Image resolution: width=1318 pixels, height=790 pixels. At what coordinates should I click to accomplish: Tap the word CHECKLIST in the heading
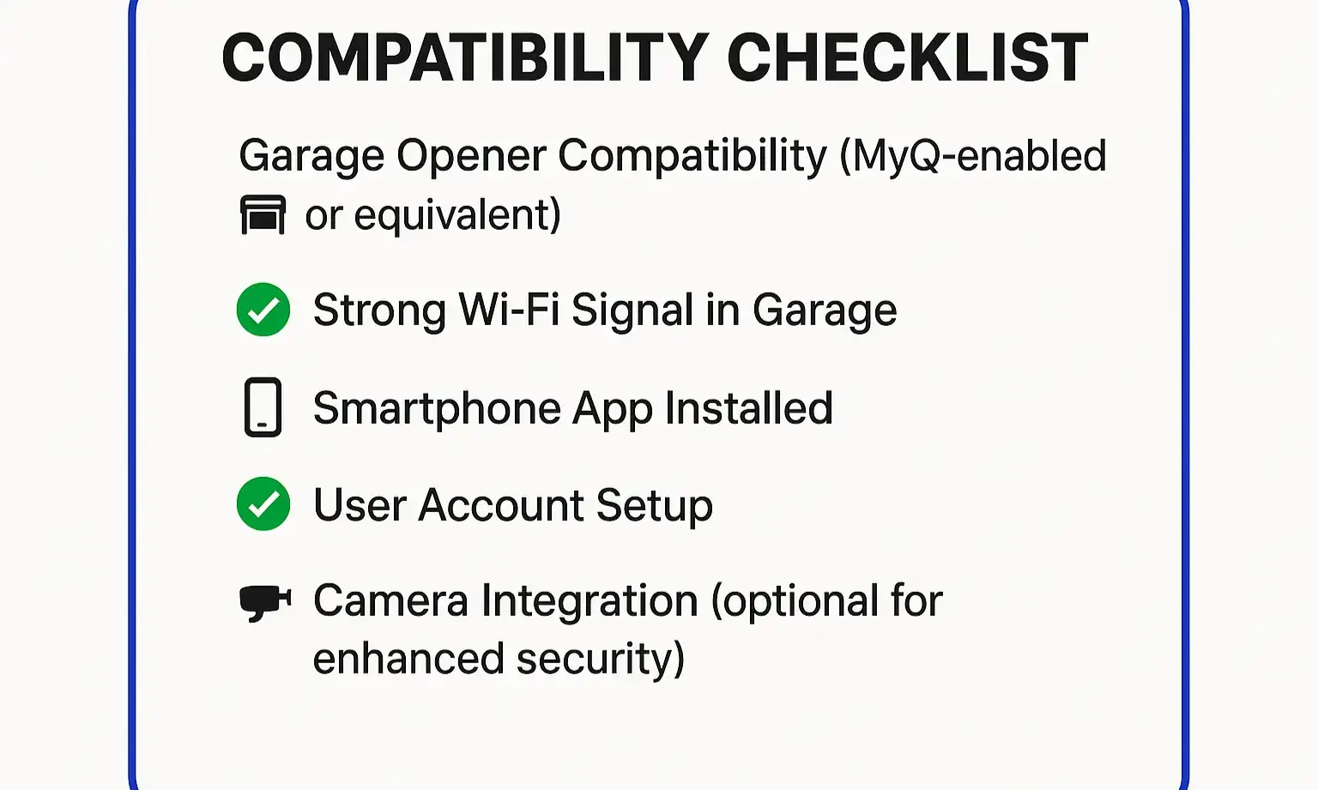point(907,58)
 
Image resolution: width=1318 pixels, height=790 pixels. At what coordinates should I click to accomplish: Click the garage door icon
point(263,214)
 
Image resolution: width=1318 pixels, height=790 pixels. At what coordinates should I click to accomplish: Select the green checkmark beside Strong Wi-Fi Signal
point(263,310)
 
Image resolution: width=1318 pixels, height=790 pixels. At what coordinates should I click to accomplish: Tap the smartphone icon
point(263,407)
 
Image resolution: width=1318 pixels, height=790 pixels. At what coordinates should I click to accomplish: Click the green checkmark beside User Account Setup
point(263,504)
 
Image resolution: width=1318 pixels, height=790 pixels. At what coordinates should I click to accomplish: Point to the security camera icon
point(264,601)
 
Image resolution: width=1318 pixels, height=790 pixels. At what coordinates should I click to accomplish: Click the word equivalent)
point(456,215)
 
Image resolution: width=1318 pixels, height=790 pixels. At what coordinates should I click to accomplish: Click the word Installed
point(748,408)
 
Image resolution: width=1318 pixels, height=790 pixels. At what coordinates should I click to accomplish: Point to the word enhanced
point(408,660)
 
